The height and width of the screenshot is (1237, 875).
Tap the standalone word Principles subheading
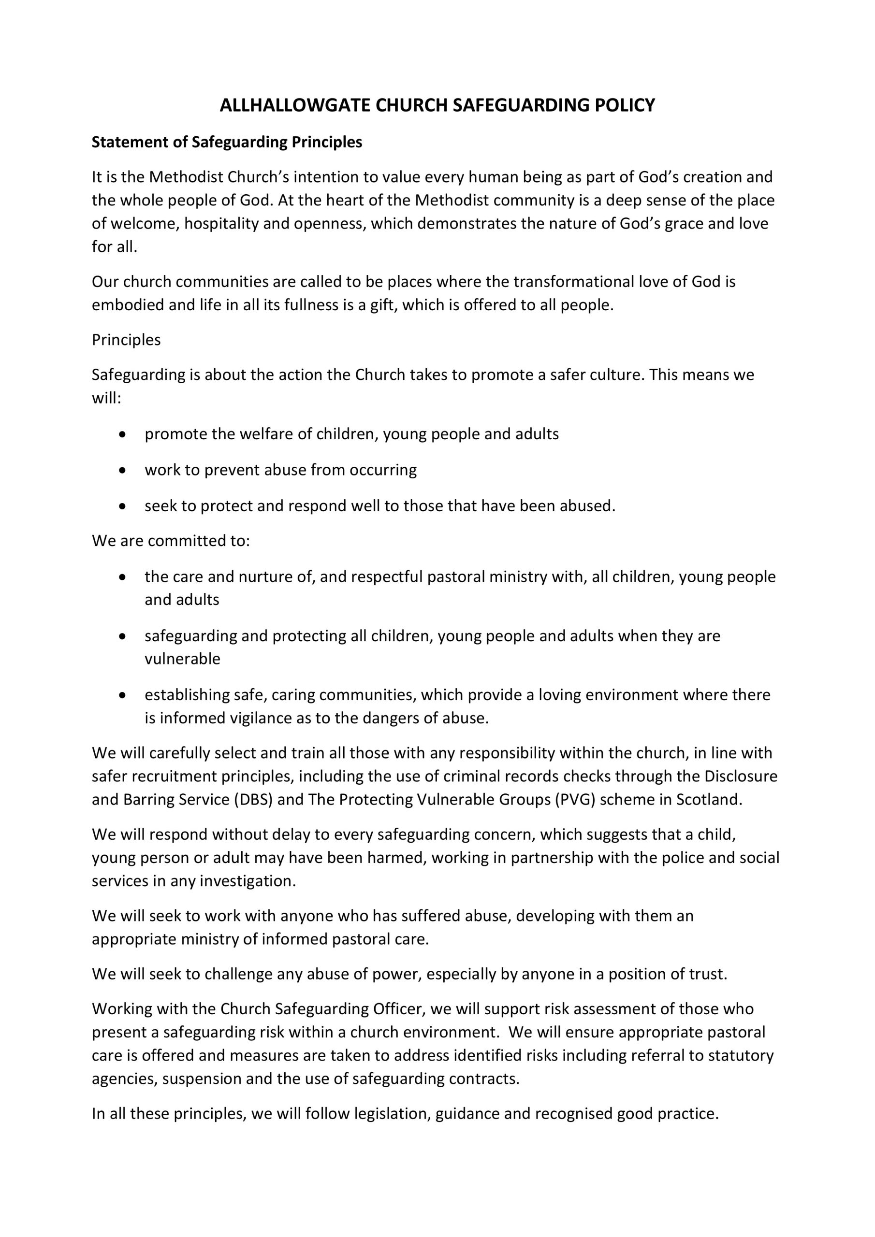pos(126,340)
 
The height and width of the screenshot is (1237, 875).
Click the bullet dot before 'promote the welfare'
pos(123,434)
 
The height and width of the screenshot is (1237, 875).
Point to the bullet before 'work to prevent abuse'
pos(123,470)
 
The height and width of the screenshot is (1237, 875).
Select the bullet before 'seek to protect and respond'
pos(123,506)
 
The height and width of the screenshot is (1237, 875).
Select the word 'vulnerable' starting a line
pos(182,660)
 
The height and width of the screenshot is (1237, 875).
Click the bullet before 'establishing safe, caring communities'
pos(123,695)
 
